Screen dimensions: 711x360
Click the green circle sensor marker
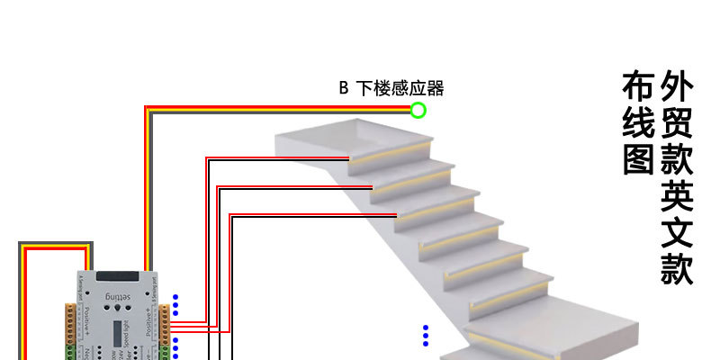pos(418,111)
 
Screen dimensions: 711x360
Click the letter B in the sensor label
pos(343,88)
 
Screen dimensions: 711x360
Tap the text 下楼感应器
pos(400,88)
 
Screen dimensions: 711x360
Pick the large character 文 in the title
pos(677,229)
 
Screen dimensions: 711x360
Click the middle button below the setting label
pos(116,309)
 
